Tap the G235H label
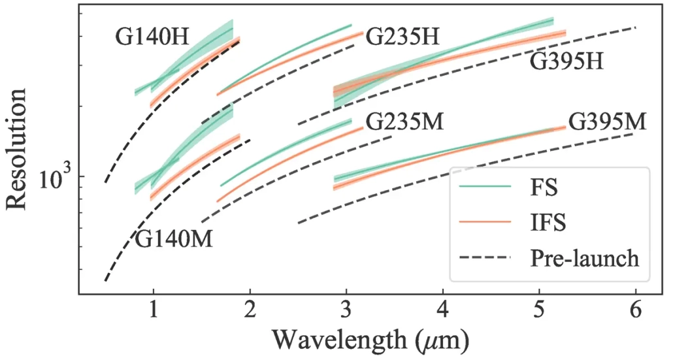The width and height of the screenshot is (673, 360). (402, 37)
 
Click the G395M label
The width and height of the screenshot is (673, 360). (607, 122)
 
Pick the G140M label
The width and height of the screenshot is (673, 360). (175, 239)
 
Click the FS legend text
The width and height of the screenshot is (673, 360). (543, 189)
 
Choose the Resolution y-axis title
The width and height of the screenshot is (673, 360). (18, 149)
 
